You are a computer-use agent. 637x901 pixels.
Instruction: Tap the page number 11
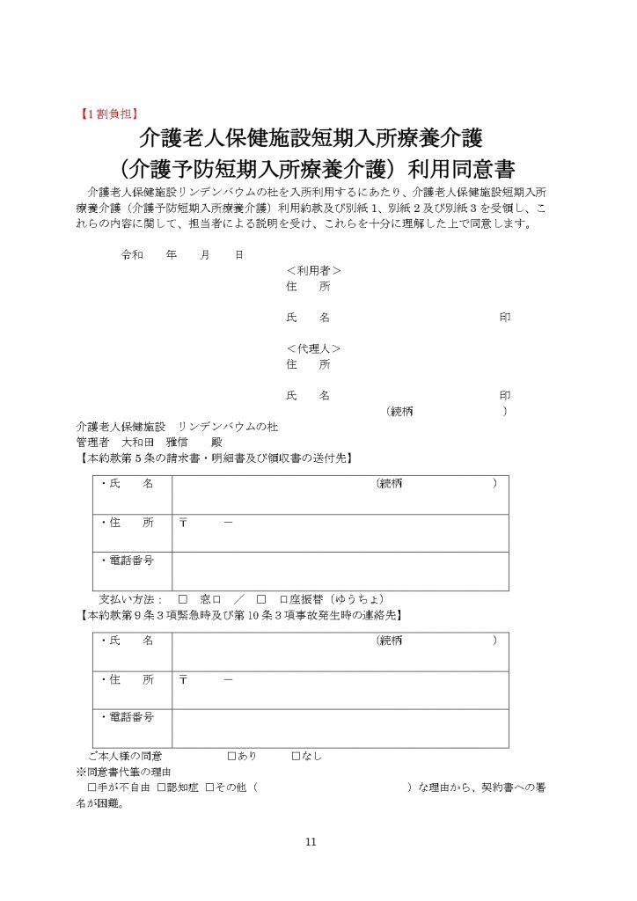click(311, 842)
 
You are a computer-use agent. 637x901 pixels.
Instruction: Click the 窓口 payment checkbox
click(183, 597)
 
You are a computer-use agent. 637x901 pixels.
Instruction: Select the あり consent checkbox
click(231, 755)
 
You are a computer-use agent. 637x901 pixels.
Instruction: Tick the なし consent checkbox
click(296, 755)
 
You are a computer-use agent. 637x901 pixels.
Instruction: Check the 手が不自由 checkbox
click(92, 787)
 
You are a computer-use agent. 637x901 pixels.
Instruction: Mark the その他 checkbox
click(209, 787)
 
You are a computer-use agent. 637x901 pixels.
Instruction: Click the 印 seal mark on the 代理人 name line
click(504, 396)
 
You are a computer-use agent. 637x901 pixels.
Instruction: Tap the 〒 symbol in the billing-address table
click(184, 523)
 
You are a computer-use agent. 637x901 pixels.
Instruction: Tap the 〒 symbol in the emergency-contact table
click(184, 680)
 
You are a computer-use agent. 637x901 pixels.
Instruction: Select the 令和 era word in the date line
click(131, 254)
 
